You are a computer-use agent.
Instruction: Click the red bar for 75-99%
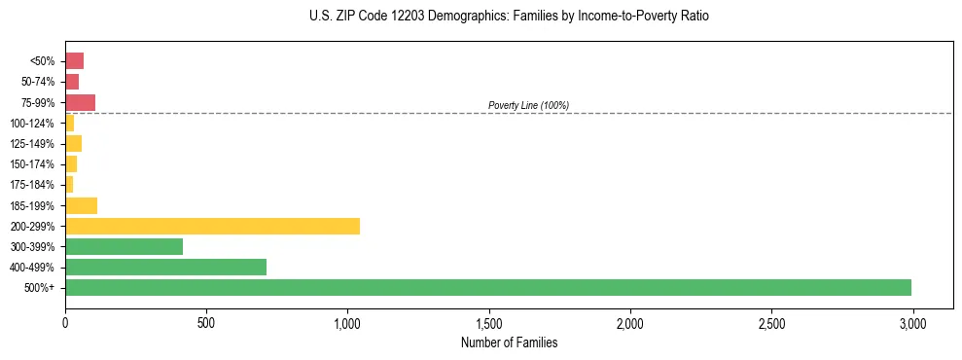(80, 102)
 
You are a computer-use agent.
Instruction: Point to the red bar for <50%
(74, 61)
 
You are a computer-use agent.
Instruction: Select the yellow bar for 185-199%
(81, 205)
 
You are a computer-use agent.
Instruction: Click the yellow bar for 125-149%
(73, 144)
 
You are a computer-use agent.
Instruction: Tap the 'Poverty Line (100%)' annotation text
(528, 105)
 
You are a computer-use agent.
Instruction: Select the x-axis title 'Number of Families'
(510, 342)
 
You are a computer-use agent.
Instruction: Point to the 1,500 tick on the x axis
(488, 321)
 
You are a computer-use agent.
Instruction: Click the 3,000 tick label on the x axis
(912, 321)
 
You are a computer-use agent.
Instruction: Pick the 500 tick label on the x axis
(206, 321)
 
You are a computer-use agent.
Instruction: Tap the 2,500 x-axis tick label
(771, 321)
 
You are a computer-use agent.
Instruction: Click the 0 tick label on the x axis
(65, 321)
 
